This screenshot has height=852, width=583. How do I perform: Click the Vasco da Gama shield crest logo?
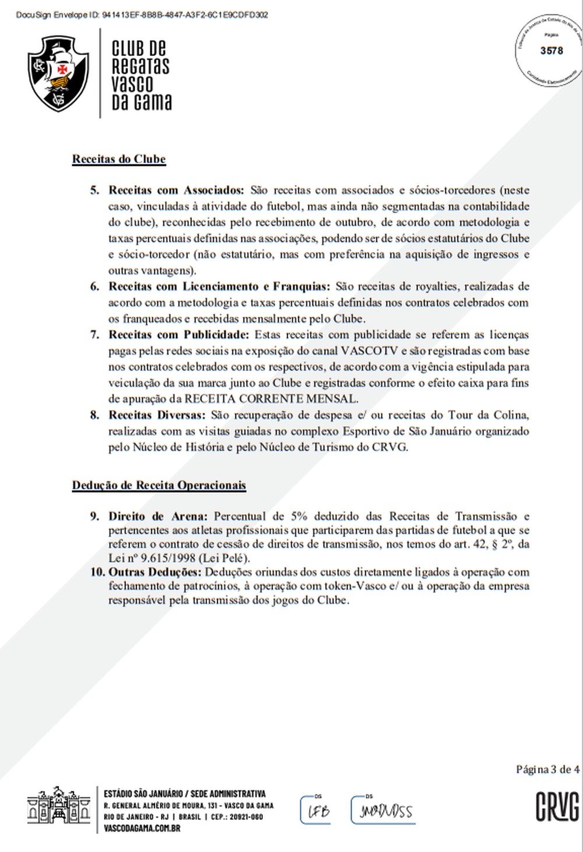click(58, 74)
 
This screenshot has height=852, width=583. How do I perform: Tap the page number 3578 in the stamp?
click(551, 51)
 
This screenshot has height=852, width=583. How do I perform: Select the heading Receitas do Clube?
click(119, 159)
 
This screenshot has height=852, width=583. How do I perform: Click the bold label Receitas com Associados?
click(176, 190)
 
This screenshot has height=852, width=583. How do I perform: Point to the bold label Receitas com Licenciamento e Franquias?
click(219, 287)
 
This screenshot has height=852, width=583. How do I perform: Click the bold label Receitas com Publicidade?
click(178, 335)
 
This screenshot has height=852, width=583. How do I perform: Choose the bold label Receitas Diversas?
click(157, 415)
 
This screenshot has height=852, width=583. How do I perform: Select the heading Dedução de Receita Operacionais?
click(159, 485)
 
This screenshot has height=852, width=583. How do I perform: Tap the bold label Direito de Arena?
click(157, 516)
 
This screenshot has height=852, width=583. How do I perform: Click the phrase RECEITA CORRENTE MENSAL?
click(270, 399)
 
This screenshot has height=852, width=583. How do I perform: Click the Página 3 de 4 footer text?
click(547, 769)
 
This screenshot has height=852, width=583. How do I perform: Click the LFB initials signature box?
click(316, 810)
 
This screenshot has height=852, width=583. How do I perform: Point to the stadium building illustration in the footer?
click(59, 807)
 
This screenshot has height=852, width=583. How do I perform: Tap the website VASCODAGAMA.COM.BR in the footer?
click(142, 828)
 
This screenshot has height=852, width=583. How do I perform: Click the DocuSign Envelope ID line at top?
click(142, 15)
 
